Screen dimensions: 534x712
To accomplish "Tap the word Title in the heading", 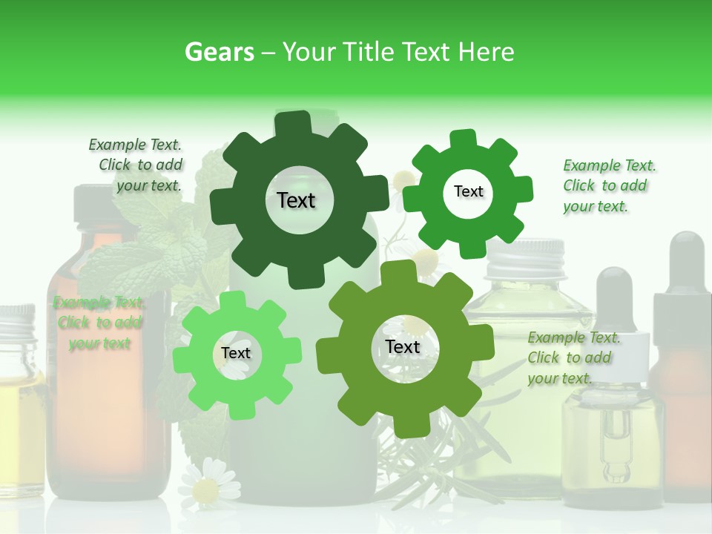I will click(x=369, y=52).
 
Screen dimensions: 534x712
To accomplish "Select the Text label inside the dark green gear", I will click(x=296, y=200).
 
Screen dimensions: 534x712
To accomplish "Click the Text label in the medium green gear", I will click(x=468, y=191).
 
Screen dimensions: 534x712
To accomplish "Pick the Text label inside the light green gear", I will click(x=236, y=353).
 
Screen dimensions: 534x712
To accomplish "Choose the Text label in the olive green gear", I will click(x=403, y=346).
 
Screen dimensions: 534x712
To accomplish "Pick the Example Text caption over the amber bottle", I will click(x=99, y=323).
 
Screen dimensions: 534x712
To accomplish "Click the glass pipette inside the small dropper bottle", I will click(x=615, y=445).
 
